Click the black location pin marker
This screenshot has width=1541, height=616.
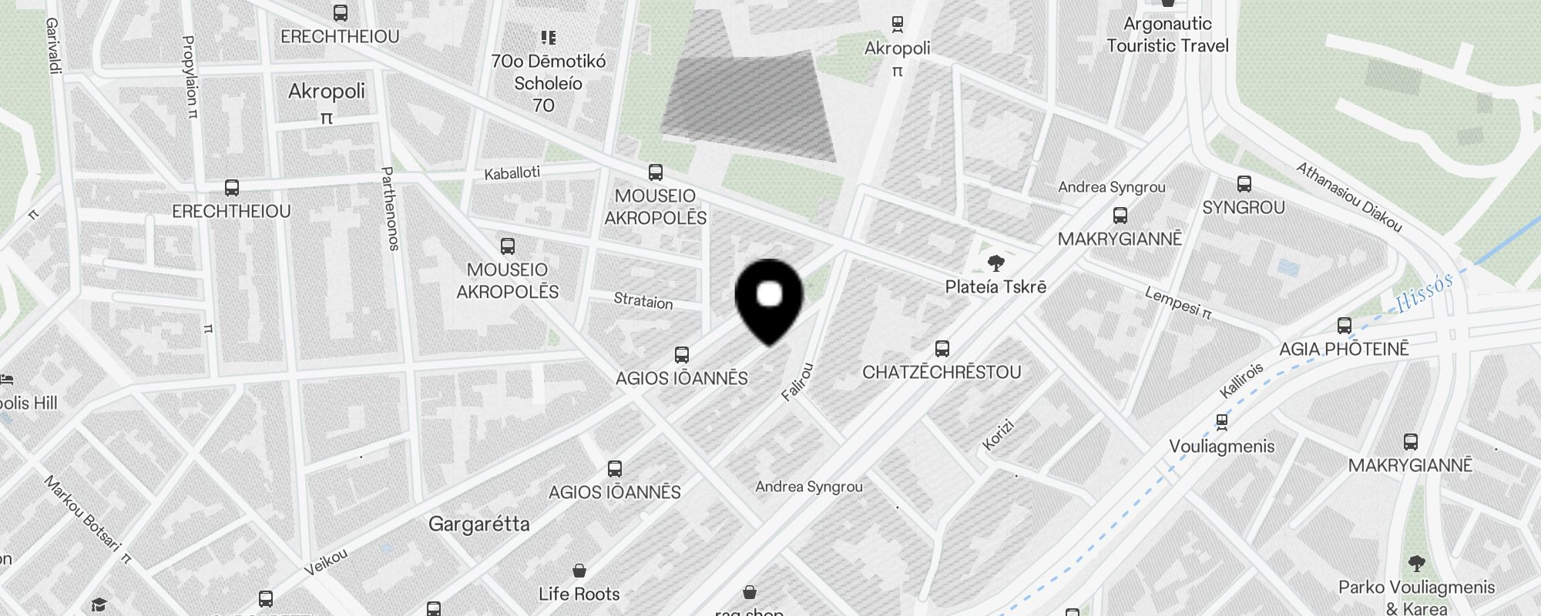(x=769, y=300)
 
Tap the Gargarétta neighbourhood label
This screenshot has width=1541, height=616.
(x=478, y=524)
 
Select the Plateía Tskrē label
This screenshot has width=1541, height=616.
(x=995, y=287)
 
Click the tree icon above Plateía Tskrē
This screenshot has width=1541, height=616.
(x=995, y=264)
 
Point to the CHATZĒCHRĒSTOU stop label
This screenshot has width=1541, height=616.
(x=942, y=372)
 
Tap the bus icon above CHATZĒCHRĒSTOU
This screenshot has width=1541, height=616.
(x=942, y=349)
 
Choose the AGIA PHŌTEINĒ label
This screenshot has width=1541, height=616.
(x=1344, y=349)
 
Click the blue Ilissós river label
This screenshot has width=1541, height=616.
(x=1424, y=293)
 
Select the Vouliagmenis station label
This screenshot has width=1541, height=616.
(x=1221, y=447)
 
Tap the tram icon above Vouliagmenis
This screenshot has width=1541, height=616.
(x=1221, y=422)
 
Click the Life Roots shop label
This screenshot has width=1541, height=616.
(x=579, y=594)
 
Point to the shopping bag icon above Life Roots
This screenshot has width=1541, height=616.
(x=579, y=571)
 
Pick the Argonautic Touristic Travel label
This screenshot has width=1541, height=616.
(x=1167, y=35)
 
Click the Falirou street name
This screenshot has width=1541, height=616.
(x=797, y=382)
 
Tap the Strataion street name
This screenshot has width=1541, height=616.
(x=643, y=300)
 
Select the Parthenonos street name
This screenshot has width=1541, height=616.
(x=390, y=209)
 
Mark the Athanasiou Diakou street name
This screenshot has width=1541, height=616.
(x=1348, y=197)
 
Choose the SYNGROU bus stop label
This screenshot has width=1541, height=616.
(x=1243, y=207)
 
